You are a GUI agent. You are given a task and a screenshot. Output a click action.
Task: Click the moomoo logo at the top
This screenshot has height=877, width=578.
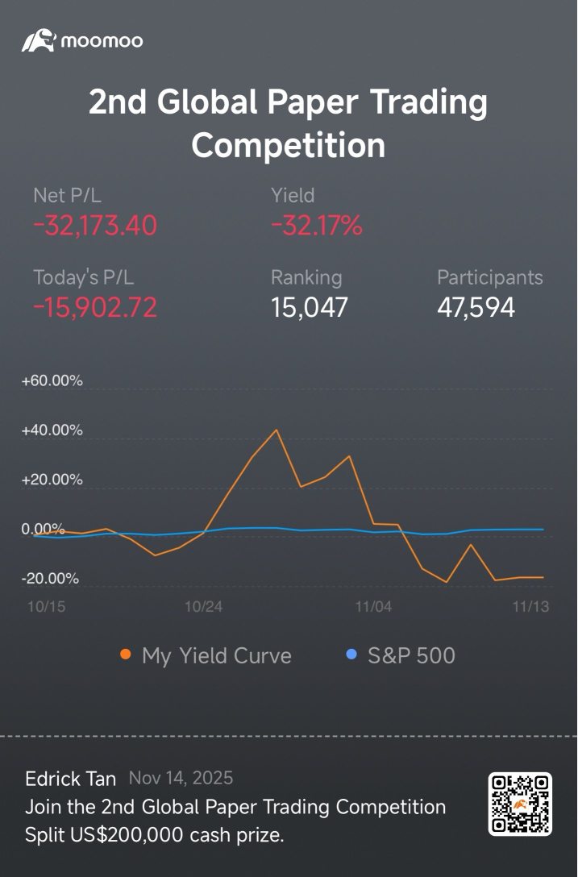coord(82,40)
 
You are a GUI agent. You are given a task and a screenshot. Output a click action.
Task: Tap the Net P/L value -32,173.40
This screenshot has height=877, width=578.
coord(95,227)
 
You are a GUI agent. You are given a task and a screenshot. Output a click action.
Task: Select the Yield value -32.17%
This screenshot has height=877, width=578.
coord(317,227)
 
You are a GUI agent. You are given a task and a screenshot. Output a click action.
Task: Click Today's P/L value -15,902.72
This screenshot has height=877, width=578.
coord(95,307)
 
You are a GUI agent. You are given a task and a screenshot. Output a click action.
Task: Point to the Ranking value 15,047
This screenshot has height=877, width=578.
coord(310,307)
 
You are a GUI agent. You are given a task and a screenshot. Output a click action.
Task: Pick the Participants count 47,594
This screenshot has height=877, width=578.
coord(476,307)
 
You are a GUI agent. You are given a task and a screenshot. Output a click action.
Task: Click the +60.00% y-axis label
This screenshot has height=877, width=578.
coord(52,381)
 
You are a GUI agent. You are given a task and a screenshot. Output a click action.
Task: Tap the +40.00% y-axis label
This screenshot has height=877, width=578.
coord(52,430)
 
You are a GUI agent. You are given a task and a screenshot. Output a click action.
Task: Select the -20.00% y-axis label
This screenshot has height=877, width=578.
coord(51,579)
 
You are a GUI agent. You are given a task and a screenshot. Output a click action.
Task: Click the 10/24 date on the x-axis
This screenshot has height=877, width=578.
coord(203,607)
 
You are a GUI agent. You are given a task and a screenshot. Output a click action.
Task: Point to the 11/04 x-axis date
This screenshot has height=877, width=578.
coord(373,607)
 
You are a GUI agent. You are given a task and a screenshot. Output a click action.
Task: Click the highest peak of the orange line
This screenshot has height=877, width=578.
coord(277,430)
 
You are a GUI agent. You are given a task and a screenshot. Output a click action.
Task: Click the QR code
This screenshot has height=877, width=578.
coord(520,804)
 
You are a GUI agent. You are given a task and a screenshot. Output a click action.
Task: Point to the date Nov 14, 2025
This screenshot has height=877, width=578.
coord(181,779)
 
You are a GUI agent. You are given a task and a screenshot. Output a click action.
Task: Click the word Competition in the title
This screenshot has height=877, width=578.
coord(289,146)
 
